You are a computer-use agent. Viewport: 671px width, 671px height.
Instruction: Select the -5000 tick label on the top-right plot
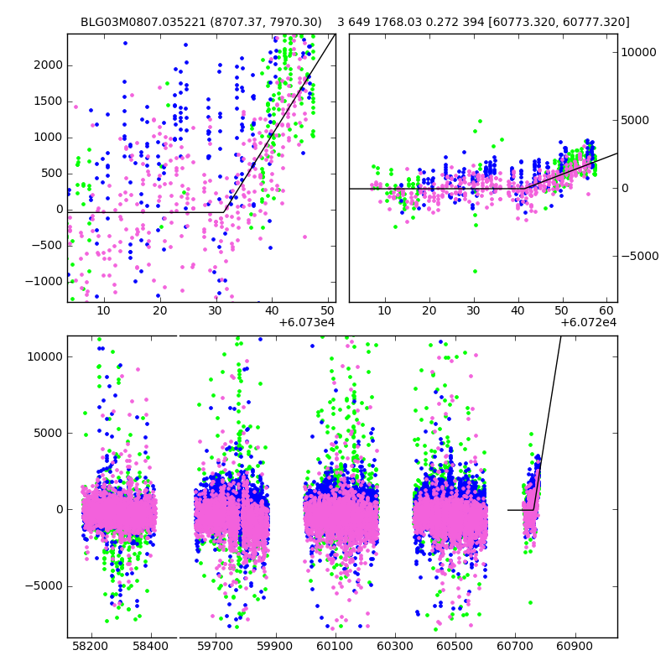pyautogui.click(x=639, y=256)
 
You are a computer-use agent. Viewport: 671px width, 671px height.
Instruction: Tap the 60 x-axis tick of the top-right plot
pyautogui.click(x=606, y=310)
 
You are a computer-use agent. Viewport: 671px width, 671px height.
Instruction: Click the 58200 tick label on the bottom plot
pyautogui.click(x=90, y=647)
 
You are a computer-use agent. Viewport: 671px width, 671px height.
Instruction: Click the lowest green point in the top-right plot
pyautogui.click(x=475, y=271)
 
